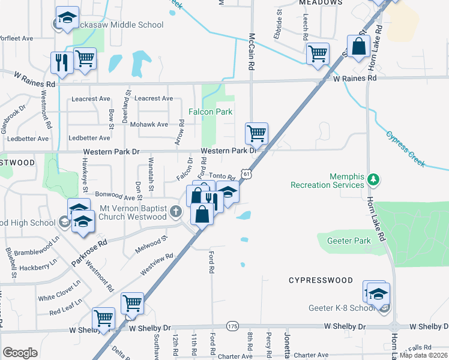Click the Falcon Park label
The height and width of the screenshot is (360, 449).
click(x=210, y=112)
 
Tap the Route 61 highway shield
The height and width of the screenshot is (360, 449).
click(x=246, y=173)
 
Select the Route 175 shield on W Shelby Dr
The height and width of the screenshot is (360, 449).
click(x=232, y=326)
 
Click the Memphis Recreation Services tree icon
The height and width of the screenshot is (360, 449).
click(x=373, y=178)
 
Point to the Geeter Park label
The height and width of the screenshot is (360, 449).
click(x=348, y=241)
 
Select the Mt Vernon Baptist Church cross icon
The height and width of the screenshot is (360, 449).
click(x=176, y=211)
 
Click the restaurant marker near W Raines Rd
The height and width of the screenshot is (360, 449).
click(x=62, y=62)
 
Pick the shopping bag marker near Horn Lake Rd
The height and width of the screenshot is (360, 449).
click(x=358, y=46)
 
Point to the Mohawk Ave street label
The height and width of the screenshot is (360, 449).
click(x=154, y=124)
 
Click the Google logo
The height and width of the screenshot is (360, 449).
click(x=20, y=352)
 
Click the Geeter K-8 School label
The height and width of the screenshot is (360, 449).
click(x=351, y=308)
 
